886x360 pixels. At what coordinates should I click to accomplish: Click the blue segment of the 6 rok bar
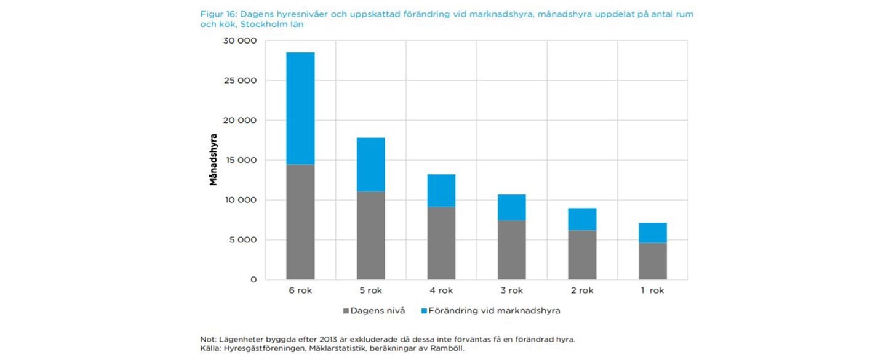point(300,108)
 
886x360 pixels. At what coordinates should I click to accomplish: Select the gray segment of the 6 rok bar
point(300,222)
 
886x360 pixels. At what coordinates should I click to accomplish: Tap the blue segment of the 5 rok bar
point(371,164)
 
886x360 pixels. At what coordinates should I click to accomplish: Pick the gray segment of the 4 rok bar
point(441,243)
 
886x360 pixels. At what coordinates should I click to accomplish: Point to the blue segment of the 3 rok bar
point(512,207)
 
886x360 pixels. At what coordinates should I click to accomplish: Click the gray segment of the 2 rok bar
point(582,255)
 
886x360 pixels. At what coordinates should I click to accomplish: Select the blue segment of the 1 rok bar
point(653,233)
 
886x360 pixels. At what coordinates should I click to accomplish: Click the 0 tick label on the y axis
point(253,279)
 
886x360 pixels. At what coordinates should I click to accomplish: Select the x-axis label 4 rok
point(441,290)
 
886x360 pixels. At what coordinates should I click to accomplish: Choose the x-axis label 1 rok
point(652,290)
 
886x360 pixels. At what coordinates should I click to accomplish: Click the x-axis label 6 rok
point(300,290)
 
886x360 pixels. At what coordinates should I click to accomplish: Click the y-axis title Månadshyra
point(213,159)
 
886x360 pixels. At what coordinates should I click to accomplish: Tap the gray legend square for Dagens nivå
point(346,311)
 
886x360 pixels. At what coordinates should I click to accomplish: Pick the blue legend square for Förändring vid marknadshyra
point(424,311)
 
